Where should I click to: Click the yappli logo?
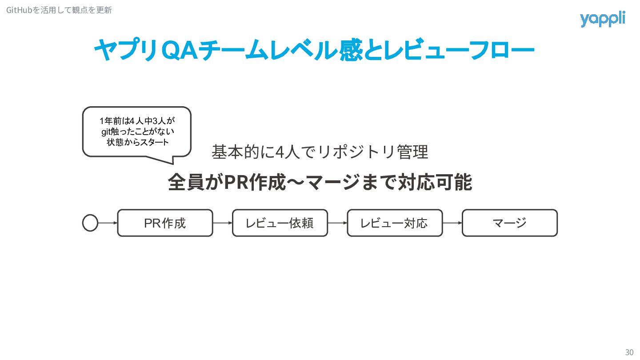[x=602, y=19]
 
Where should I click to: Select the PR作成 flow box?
[x=165, y=223]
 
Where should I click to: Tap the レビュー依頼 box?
[x=280, y=223]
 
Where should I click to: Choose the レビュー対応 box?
[x=395, y=223]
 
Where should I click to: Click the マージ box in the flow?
[x=510, y=223]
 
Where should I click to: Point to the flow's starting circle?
[x=90, y=223]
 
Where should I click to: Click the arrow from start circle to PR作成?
[x=108, y=223]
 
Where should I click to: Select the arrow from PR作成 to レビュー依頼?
[x=223, y=223]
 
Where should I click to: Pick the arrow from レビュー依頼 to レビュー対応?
[x=337, y=223]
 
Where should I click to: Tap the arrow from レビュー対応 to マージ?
[x=452, y=223]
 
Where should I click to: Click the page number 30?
[x=629, y=352]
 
